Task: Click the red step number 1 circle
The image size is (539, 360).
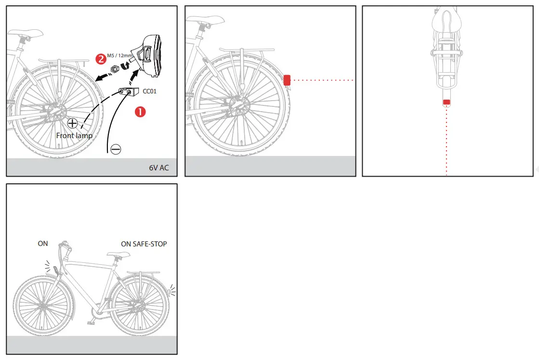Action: [x=140, y=112]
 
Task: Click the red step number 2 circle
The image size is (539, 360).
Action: [x=101, y=59]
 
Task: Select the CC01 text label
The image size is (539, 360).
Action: [x=150, y=90]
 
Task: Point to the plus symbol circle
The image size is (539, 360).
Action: [x=73, y=123]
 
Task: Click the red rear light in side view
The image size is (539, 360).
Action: [x=287, y=80]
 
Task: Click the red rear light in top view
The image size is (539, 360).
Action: [x=447, y=102]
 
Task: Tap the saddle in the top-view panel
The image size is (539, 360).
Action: [x=446, y=20]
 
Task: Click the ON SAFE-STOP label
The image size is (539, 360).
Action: [x=144, y=244]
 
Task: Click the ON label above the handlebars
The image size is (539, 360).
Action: [x=43, y=244]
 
